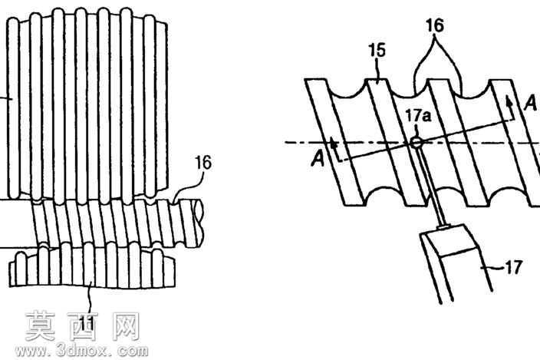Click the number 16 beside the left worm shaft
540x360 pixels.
point(203,163)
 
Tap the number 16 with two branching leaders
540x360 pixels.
point(435,25)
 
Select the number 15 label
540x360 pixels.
point(377,51)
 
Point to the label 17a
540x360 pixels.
point(418,116)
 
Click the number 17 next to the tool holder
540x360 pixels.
point(513,267)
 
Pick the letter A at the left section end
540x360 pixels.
point(318,160)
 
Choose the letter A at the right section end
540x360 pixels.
point(530,103)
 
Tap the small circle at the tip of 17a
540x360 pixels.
point(417,143)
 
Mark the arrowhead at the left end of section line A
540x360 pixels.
point(333,142)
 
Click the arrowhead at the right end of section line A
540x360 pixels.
point(509,101)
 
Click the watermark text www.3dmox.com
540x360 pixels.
point(81,351)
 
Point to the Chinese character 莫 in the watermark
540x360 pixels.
point(41,325)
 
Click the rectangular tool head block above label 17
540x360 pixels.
point(450,240)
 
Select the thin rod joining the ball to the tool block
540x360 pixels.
point(430,185)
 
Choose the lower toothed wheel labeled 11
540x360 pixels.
point(92,265)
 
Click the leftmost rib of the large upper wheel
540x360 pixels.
point(13,108)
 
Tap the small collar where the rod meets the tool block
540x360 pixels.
point(443,226)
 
